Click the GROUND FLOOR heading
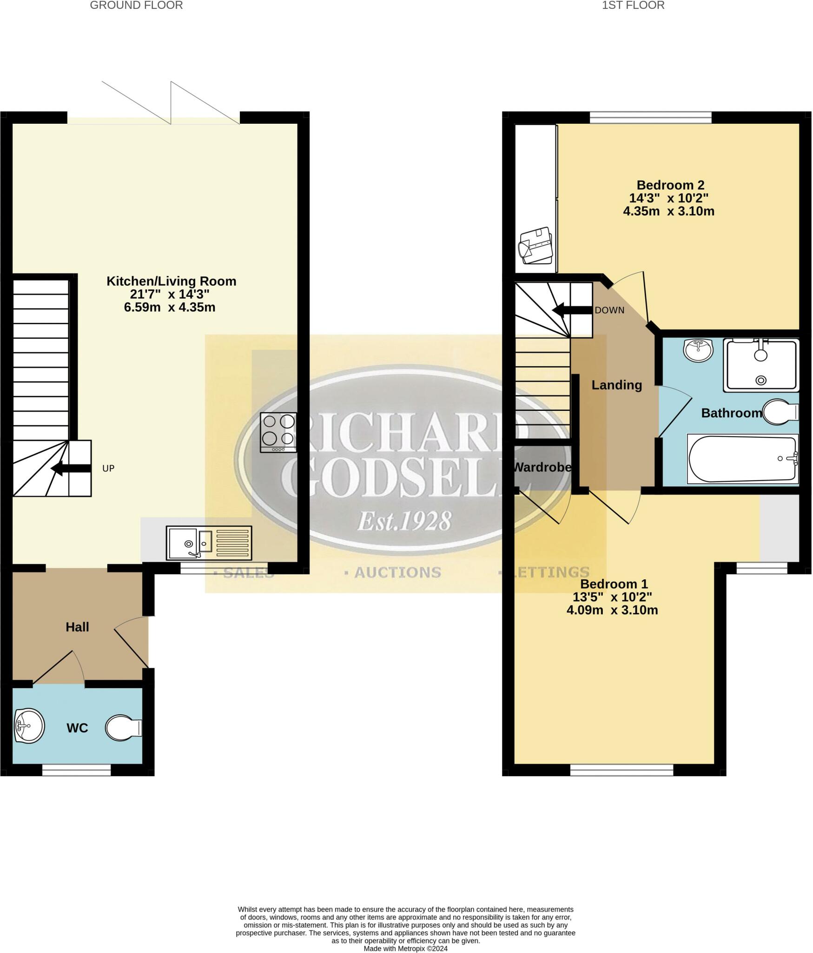[136, 6]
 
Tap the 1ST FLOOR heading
[633, 6]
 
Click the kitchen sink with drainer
[209, 543]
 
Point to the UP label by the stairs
[108, 469]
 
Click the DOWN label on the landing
[609, 310]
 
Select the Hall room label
[77, 627]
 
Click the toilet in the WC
[123, 728]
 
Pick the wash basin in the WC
[29, 726]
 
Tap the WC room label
[77, 728]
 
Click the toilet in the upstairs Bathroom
[780, 412]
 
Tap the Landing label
[616, 385]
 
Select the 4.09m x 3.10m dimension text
[612, 610]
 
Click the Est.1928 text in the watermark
[404, 522]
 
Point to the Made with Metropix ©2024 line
[405, 948]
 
